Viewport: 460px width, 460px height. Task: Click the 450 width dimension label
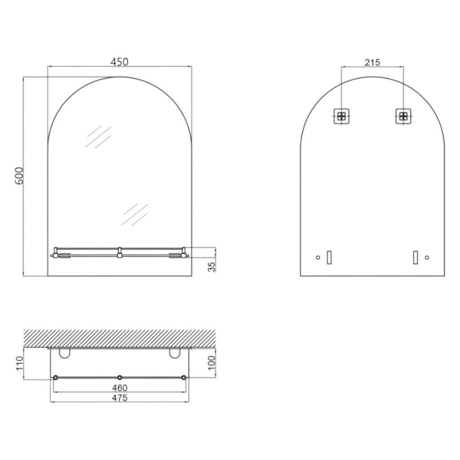point(119,62)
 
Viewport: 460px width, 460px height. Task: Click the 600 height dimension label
point(19,176)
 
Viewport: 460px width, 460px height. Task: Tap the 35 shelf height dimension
point(212,266)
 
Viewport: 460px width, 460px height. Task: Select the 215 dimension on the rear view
point(372,62)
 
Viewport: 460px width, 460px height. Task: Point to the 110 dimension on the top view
point(19,363)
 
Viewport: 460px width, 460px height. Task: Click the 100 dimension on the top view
point(212,363)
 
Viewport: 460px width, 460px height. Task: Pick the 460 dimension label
point(119,388)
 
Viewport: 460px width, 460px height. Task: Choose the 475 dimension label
point(119,398)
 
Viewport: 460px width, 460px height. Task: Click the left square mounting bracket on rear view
point(341,116)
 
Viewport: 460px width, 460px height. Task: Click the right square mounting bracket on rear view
point(403,116)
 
